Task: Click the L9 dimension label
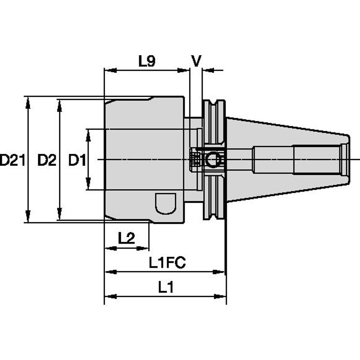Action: [147, 62]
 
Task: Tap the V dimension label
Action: [196, 61]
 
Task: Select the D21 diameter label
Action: [11, 160]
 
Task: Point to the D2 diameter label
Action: [46, 160]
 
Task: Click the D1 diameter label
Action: [77, 160]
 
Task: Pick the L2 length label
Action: [126, 238]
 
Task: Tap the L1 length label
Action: [166, 287]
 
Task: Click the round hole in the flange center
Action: [213, 160]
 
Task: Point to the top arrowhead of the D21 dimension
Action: [28, 100]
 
